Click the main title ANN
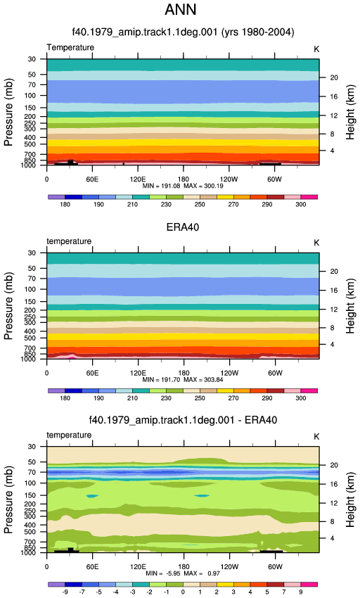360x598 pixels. pos(181,9)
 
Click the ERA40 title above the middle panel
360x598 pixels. pos(183,227)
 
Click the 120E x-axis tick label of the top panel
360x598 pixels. pos(138,179)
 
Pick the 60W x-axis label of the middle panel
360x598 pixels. pos(275,373)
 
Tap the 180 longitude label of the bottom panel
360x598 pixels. pos(184,567)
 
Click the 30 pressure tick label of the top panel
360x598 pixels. pos(32,59)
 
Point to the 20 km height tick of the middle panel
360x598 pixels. pos(323,272)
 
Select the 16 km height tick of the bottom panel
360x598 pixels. pos(323,484)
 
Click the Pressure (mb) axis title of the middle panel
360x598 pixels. pos(8,306)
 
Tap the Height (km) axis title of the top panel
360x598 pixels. pos(350,112)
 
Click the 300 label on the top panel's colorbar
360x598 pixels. pos(300,205)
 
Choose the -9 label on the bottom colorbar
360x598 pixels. pos(65,592)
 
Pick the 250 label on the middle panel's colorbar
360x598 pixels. pos(200,398)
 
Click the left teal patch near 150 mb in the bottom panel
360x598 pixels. pos(92,496)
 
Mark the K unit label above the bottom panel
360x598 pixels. pos(316,437)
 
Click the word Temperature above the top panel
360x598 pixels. pos(70,47)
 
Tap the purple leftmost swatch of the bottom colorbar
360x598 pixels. pos(56,584)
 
